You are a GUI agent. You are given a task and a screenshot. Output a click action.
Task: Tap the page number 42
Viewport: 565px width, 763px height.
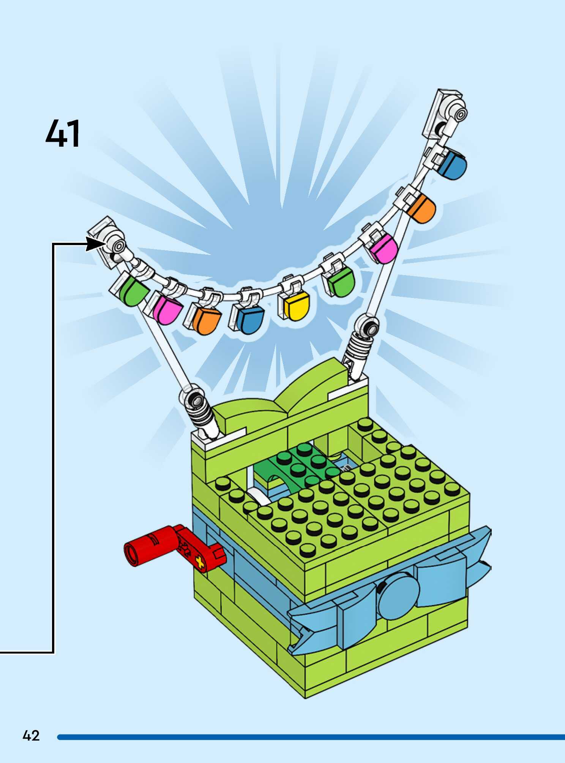pos(31,736)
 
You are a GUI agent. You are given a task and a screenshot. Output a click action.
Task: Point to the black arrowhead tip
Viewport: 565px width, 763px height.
pos(103,244)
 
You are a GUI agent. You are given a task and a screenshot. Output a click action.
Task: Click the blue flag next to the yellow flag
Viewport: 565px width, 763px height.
pos(251,319)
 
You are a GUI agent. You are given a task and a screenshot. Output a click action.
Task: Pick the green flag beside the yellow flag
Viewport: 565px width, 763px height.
pos(341,282)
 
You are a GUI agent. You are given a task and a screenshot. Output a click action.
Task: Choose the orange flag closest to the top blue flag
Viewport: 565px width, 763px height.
pos(421,209)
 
